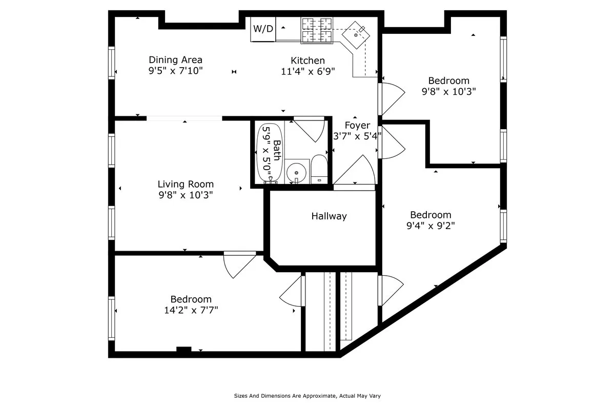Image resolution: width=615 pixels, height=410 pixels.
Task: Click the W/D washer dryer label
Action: click(x=263, y=29)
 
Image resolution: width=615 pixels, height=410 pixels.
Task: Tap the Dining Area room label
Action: click(x=175, y=60)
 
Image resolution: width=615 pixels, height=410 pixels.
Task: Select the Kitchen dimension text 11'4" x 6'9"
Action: click(x=307, y=72)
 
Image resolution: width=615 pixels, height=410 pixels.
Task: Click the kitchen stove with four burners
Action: click(x=317, y=30)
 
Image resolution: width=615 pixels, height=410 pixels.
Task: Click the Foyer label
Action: click(x=357, y=126)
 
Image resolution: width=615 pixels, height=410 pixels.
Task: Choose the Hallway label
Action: click(x=329, y=216)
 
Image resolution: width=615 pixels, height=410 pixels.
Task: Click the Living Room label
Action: click(x=186, y=184)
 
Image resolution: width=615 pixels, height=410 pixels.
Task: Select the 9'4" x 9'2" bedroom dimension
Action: click(x=430, y=225)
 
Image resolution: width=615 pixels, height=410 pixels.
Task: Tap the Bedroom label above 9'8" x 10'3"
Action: click(x=449, y=80)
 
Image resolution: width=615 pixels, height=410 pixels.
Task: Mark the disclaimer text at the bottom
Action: click(x=307, y=396)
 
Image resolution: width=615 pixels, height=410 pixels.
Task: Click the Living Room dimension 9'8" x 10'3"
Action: click(x=186, y=195)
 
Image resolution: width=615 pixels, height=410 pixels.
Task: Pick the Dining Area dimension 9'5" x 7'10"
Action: click(x=175, y=71)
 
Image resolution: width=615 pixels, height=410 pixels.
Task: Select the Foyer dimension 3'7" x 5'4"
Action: click(x=357, y=136)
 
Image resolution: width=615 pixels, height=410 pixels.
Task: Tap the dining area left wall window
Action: click(x=111, y=63)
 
